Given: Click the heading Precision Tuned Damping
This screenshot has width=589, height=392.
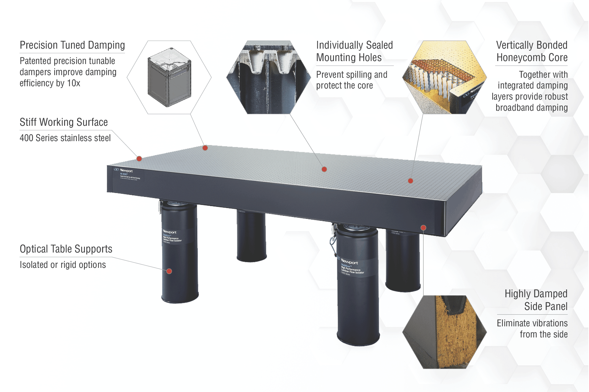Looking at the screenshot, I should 72,45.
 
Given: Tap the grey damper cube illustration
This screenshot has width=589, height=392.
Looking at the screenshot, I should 169,77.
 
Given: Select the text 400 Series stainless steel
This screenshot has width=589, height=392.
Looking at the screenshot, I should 65,138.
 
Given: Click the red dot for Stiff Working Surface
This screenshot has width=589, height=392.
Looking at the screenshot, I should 139,159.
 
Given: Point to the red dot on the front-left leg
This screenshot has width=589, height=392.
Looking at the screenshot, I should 169,271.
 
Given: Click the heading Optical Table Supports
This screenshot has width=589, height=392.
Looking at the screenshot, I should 66,249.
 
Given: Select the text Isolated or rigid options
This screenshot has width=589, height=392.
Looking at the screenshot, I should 63,265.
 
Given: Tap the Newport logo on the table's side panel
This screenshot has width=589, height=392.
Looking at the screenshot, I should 124,171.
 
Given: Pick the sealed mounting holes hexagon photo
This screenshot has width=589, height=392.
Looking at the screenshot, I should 268,77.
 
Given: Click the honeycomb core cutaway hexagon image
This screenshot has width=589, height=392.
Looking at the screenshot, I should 444,77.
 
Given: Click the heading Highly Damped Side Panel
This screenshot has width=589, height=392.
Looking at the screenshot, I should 536,300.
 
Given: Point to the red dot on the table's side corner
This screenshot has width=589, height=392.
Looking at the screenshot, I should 423,228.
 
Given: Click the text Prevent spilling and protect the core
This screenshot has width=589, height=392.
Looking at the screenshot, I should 351,80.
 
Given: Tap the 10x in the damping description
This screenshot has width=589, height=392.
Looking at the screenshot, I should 74,83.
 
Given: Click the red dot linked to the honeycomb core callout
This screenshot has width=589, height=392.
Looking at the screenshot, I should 411,181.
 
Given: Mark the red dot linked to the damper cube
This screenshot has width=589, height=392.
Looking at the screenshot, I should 205,148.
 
